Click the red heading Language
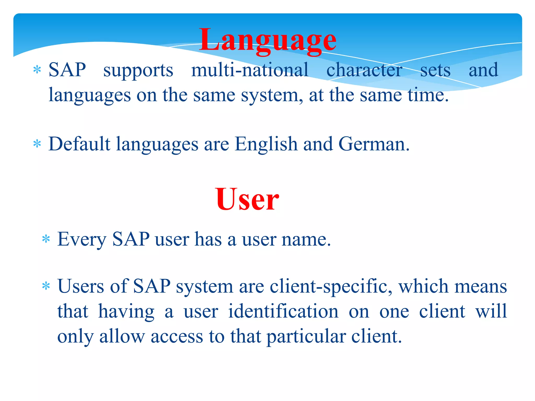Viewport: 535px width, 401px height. point(267,40)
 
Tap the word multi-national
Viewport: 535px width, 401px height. point(250,70)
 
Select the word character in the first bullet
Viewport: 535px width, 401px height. point(364,70)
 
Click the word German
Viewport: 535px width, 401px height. point(374,144)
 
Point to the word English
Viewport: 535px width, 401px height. point(266,144)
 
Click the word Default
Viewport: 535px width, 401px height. point(79,144)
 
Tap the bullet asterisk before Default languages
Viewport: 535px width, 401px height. point(37,144)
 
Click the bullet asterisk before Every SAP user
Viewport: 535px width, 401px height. point(46,239)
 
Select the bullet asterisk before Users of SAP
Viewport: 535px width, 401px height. point(46,286)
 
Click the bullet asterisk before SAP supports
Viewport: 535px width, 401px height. point(37,70)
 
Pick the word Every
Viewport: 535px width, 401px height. point(82,239)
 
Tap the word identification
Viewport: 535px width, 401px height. point(283,311)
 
